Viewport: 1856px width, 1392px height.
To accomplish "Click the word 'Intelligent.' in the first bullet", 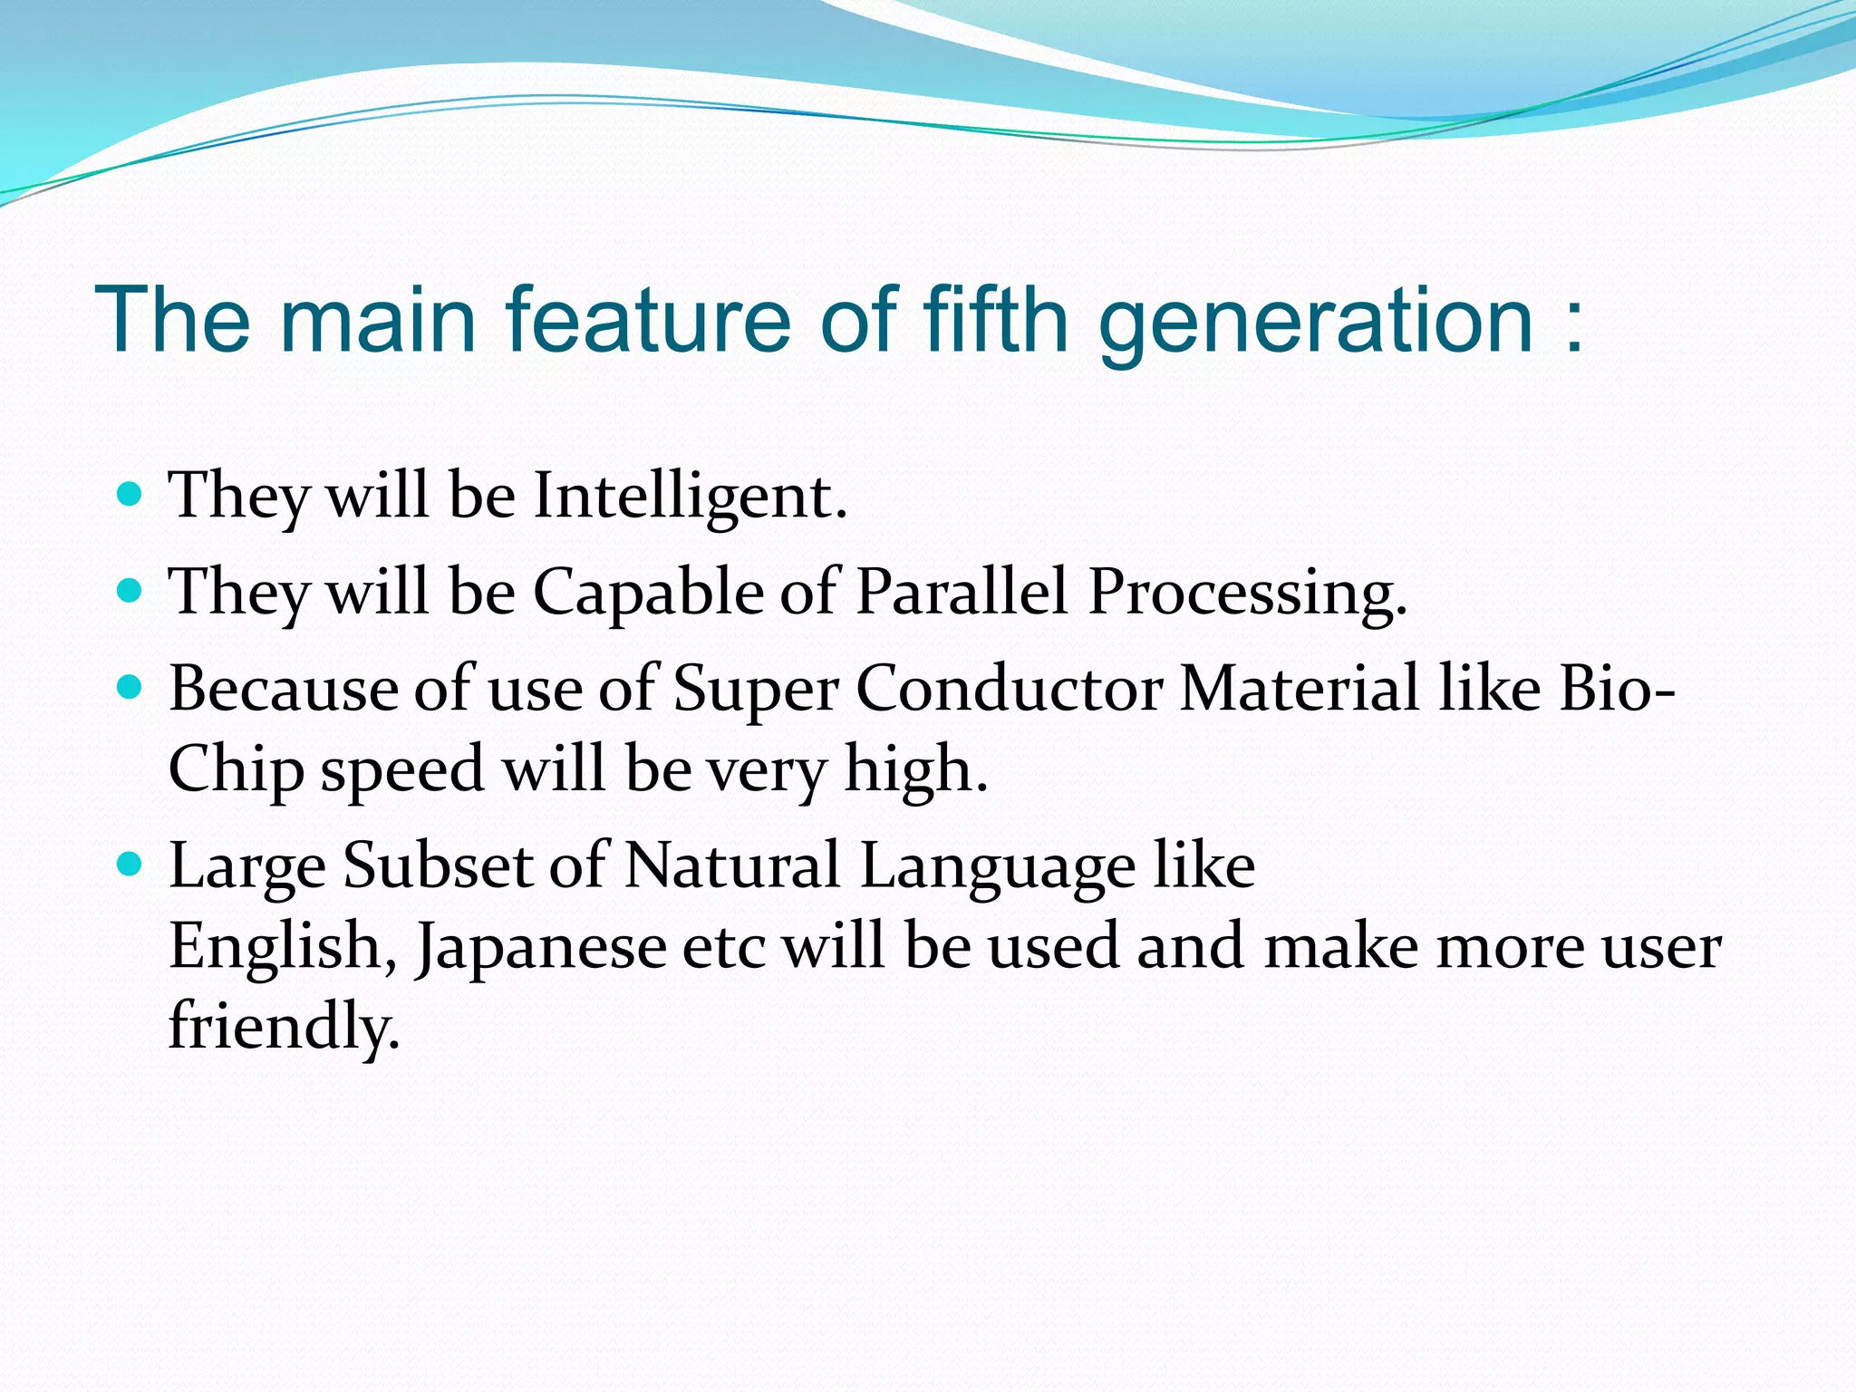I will coord(691,498).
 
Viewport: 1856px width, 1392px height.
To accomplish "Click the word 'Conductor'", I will coord(1009,689).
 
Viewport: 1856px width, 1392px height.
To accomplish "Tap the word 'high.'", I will coord(915,769).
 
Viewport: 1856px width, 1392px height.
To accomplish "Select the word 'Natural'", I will coord(732,865).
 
